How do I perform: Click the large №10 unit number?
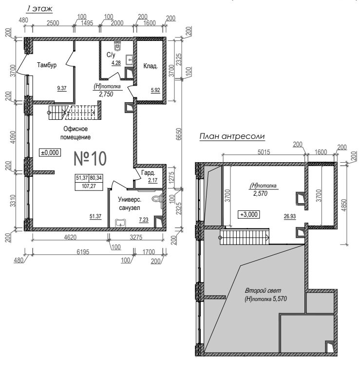coord(90,158)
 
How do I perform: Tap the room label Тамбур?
coord(47,65)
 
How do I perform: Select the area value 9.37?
coord(62,88)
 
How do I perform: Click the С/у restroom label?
coord(111,55)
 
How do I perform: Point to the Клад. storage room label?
coord(151,66)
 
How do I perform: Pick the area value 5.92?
coord(155,91)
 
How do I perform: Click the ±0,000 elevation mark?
coord(50,152)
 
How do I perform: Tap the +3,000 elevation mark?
coord(249,214)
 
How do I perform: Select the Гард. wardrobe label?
coord(148,172)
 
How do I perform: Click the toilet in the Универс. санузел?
coord(158,199)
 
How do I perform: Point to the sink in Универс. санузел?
coord(120,223)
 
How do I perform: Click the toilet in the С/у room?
coord(117,46)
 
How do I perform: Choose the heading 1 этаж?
coord(39,9)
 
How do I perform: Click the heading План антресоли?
coord(232,136)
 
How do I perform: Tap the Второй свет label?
coord(263,291)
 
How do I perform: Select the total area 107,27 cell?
coord(89,186)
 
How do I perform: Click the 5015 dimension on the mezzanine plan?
coord(264,152)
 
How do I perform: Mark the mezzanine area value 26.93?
coord(290,216)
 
